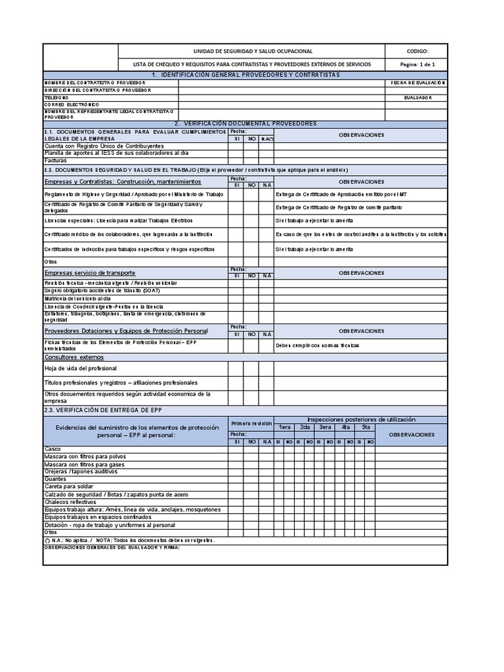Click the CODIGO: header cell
click(417, 51)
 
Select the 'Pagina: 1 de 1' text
click(417, 64)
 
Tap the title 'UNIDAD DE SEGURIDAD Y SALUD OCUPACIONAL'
click(252, 51)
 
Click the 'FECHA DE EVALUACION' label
click(417, 83)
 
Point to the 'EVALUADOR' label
click(417, 97)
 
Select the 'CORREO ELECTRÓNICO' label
click(72, 104)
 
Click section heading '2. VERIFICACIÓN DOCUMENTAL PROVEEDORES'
click(245, 123)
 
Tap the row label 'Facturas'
click(56, 159)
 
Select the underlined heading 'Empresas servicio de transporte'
click(90, 272)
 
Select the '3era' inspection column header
click(325, 427)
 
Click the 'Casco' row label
click(52, 450)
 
